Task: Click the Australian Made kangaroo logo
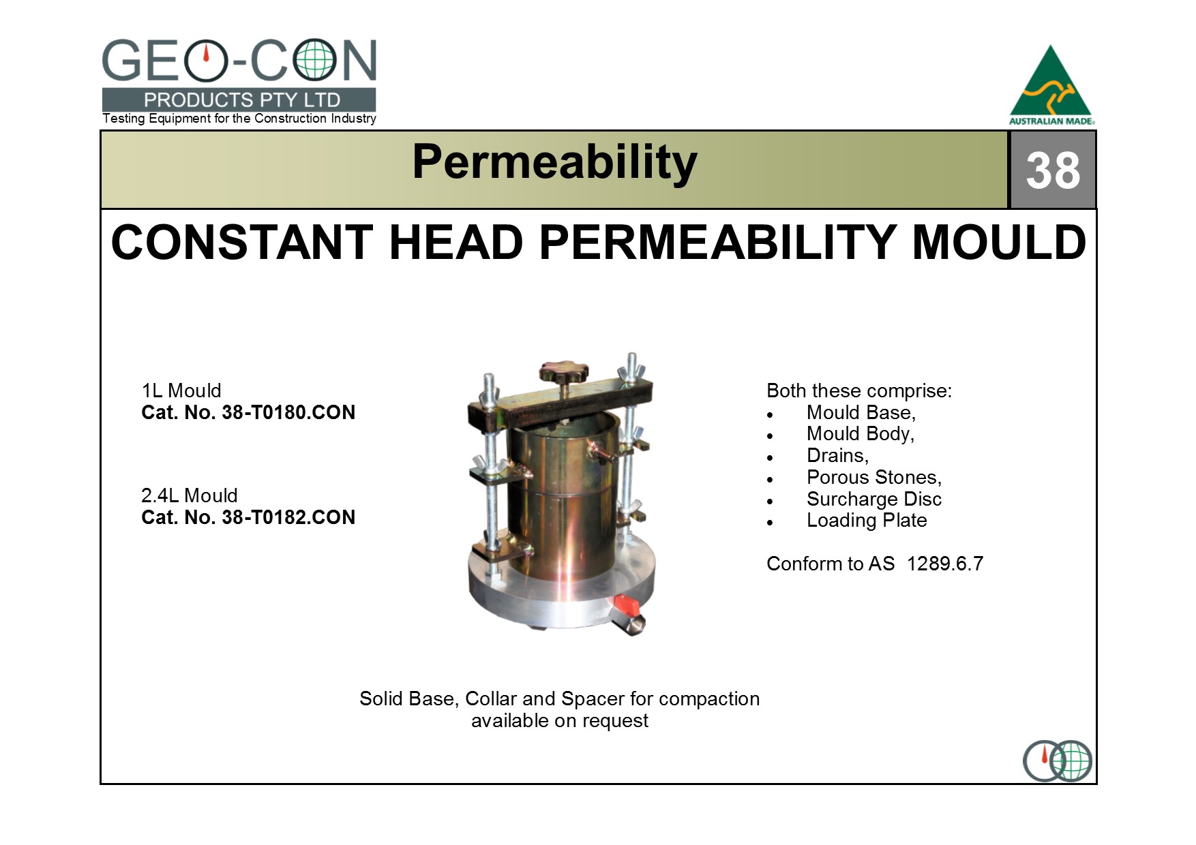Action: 1051,85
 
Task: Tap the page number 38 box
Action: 1053,170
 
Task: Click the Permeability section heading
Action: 554,162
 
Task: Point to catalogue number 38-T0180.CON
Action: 288,412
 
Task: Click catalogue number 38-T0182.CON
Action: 288,517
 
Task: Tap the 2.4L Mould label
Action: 190,495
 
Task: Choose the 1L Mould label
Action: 181,390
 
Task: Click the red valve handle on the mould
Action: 625,602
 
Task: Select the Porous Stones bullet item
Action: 873,477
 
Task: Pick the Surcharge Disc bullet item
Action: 873,499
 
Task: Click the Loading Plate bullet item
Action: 867,521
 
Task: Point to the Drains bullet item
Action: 837,455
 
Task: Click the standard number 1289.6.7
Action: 945,564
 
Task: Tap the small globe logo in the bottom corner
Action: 1058,760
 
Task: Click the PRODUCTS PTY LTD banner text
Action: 241,99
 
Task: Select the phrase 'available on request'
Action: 560,720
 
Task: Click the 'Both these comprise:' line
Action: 859,390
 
